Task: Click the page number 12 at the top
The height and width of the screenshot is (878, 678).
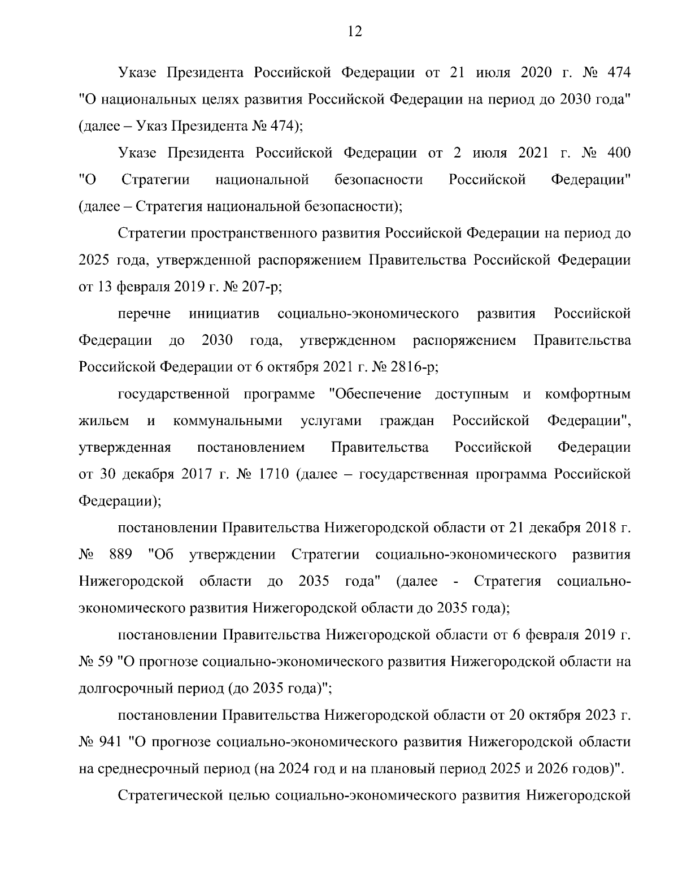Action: point(354,32)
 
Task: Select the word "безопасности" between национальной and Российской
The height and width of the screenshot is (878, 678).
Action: point(379,180)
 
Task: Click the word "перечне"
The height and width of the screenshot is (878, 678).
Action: point(145,314)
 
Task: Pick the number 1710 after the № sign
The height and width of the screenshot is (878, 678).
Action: point(273,474)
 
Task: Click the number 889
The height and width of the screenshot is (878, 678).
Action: point(120,555)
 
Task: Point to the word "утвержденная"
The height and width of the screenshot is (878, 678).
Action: point(125,448)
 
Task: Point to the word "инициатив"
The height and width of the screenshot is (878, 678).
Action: point(224,314)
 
